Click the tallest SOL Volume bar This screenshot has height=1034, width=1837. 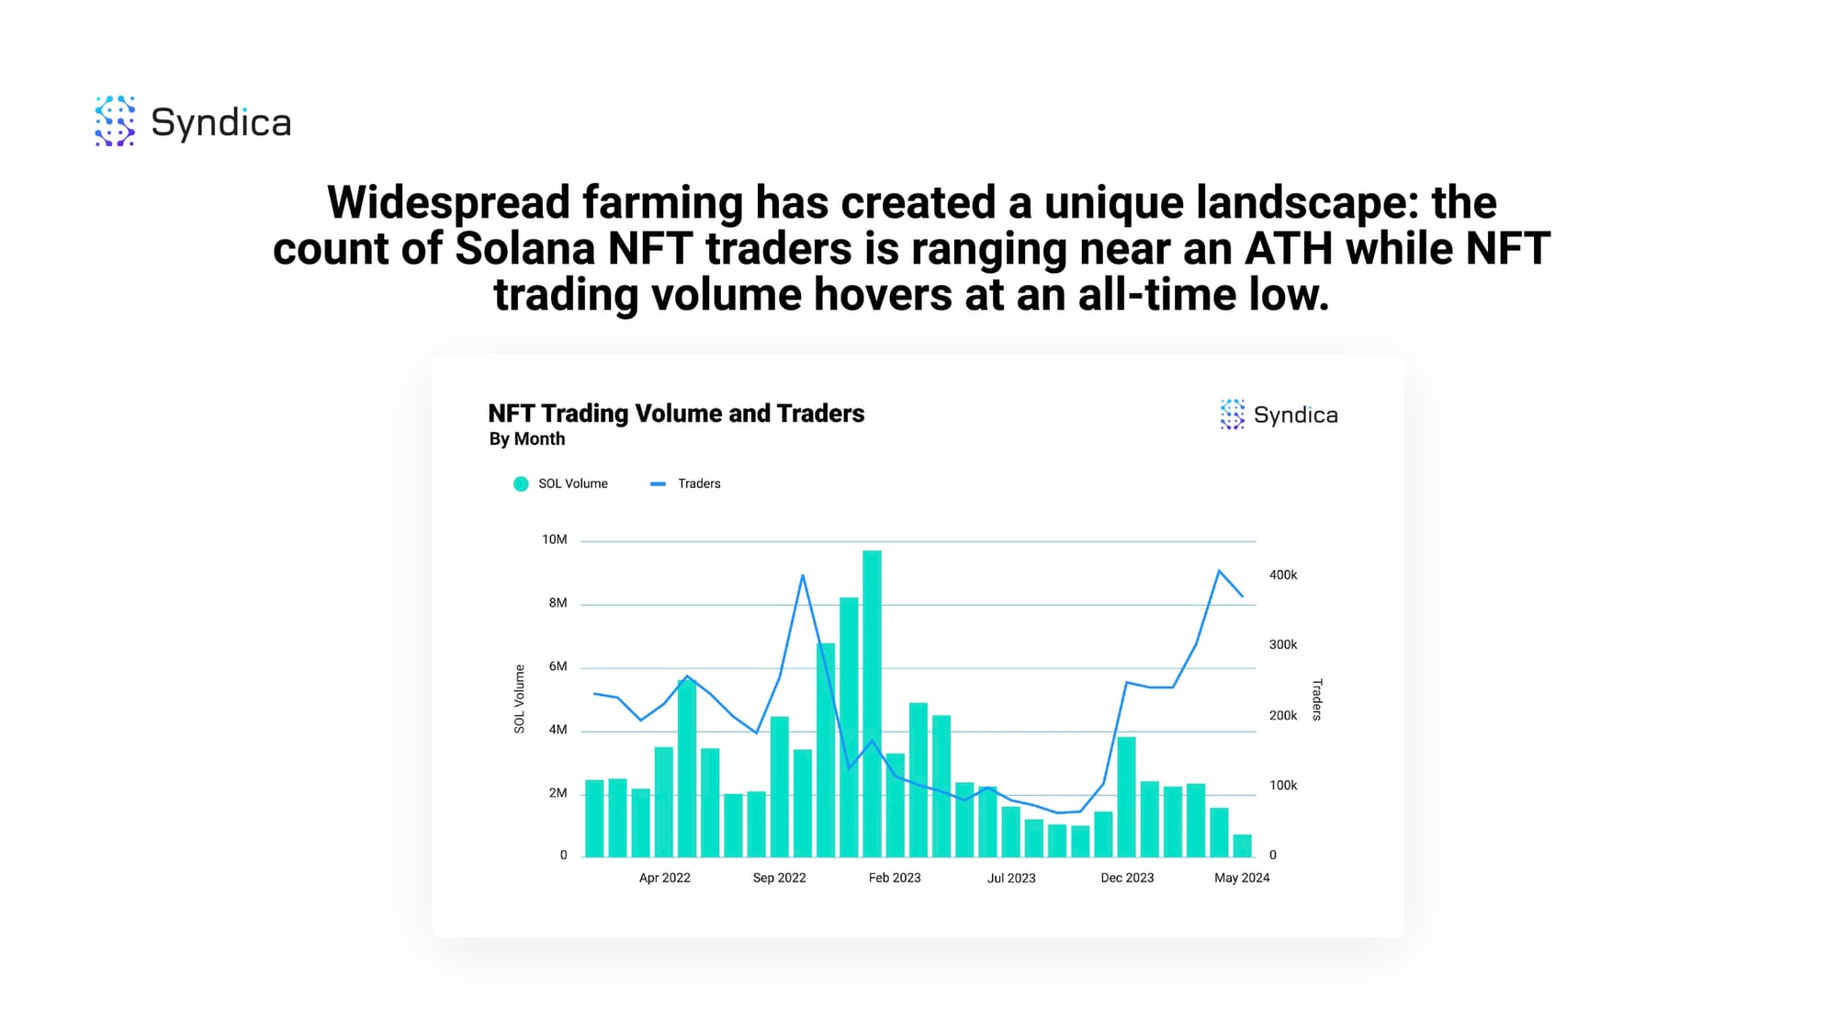pyautogui.click(x=872, y=704)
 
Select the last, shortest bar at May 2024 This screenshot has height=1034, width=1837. pyautogui.click(x=1242, y=846)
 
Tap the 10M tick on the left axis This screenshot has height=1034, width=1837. pyautogui.click(x=554, y=540)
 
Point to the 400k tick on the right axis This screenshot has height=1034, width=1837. pyautogui.click(x=1283, y=575)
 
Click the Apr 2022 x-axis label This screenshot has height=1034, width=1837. pyautogui.click(x=665, y=878)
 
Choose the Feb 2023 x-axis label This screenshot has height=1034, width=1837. pyautogui.click(x=895, y=878)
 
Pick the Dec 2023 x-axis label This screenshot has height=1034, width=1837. pyautogui.click(x=1127, y=878)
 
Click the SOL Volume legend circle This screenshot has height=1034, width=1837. pyautogui.click(x=521, y=484)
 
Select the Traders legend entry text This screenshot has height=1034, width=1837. pyautogui.click(x=699, y=483)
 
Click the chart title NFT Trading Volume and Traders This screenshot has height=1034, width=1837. pyautogui.click(x=676, y=414)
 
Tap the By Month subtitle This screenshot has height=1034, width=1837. pyautogui.click(x=527, y=439)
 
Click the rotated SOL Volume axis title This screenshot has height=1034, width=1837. pyautogui.click(x=519, y=699)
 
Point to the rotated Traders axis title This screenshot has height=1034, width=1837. pyautogui.click(x=1317, y=699)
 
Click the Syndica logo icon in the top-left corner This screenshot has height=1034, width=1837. pyautogui.click(x=115, y=120)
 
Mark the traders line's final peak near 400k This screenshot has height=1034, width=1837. pyautogui.click(x=1219, y=571)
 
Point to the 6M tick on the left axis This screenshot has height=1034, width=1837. pyautogui.click(x=558, y=666)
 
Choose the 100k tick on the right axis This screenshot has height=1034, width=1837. pyautogui.click(x=1283, y=786)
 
